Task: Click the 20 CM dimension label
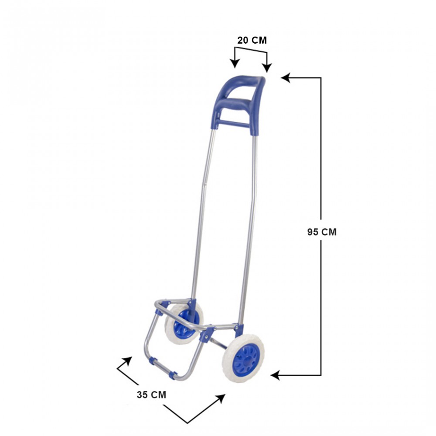tap(252, 41)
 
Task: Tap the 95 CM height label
tap(322, 232)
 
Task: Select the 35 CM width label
tap(151, 395)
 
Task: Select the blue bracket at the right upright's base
tap(238, 328)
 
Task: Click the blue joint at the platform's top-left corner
tap(164, 304)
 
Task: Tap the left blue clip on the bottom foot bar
tap(153, 361)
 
